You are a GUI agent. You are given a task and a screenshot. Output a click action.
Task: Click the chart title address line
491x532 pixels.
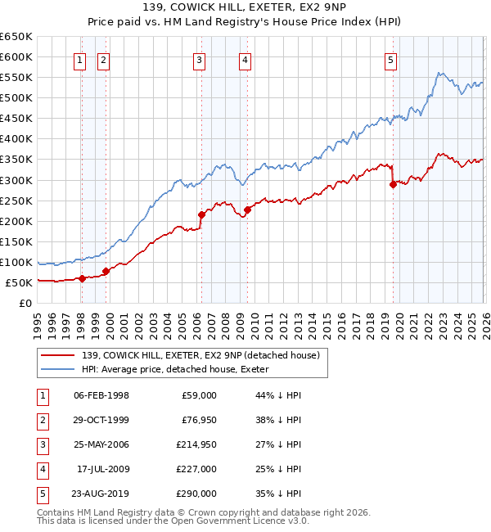[245, 8]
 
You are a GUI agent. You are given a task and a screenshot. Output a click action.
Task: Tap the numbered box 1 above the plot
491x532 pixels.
[80, 59]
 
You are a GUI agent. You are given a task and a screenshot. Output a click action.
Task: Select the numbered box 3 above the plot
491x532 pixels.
[200, 59]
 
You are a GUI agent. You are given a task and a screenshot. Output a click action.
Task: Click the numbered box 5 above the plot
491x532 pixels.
[391, 59]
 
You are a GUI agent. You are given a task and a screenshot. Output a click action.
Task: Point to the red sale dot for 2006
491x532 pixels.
[201, 214]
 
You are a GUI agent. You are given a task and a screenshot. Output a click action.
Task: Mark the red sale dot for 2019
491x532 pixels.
[393, 184]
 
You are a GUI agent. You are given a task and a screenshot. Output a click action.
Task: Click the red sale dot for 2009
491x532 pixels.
[247, 210]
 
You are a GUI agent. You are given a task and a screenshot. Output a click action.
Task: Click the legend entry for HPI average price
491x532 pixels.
[180, 369]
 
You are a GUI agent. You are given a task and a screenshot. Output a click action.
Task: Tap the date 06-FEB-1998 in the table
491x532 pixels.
[101, 395]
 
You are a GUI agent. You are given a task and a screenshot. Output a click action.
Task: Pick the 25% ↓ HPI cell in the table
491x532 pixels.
[278, 469]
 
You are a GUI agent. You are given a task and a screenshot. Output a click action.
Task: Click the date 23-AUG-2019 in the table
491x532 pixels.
[101, 494]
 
